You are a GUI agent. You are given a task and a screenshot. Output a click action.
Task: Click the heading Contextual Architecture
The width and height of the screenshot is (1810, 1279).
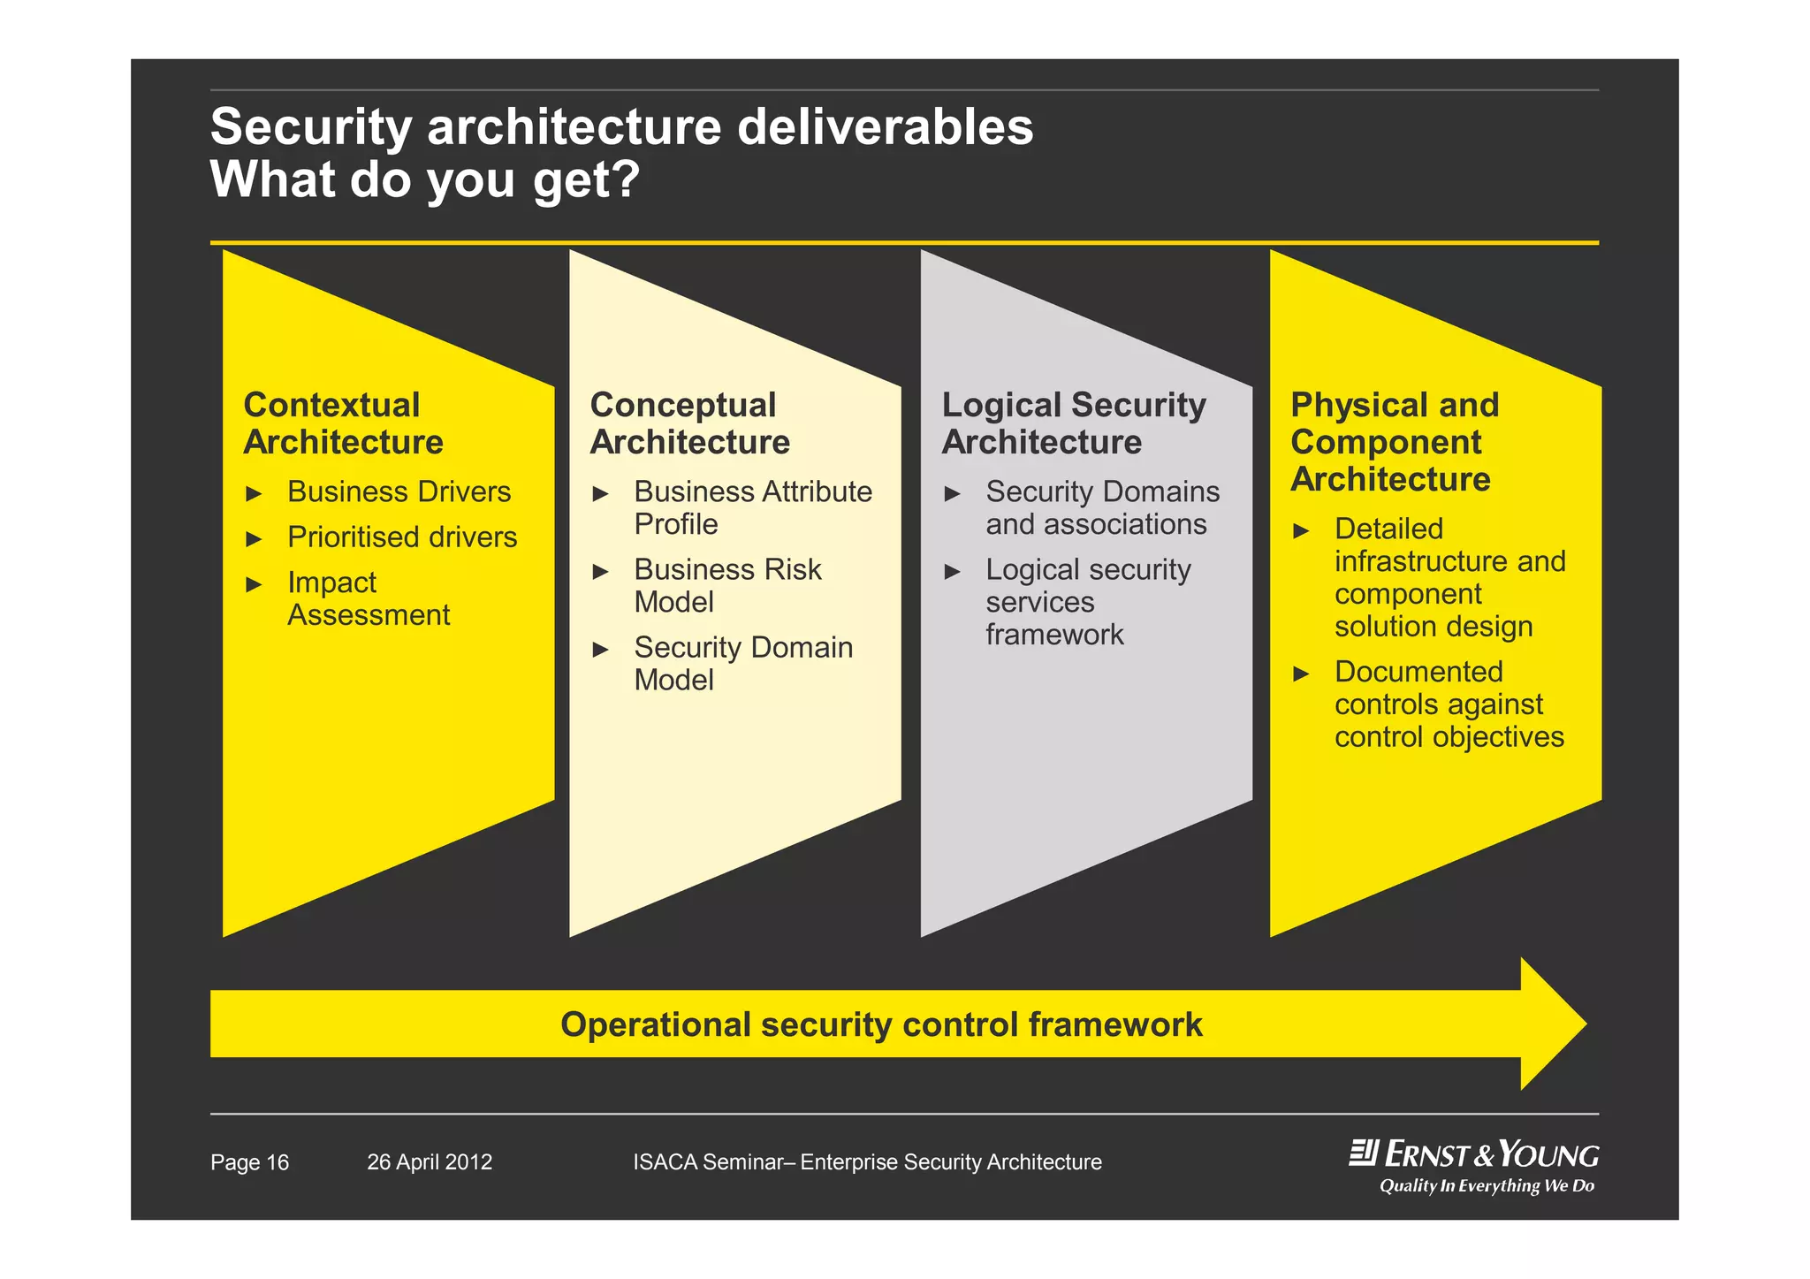tap(343, 423)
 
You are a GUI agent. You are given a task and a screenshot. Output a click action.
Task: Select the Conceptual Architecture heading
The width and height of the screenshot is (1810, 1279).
tap(689, 423)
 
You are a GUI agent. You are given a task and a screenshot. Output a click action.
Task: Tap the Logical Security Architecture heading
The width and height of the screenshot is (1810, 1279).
tap(1073, 423)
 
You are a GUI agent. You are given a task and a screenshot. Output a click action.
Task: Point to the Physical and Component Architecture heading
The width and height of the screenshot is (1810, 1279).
tap(1394, 442)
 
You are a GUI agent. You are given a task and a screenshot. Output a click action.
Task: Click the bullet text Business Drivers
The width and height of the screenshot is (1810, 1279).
tap(399, 491)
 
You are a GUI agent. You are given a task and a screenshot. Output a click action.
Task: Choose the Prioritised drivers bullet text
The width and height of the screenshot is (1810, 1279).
tap(402, 537)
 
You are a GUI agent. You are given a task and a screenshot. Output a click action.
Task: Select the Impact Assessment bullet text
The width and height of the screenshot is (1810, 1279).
tap(369, 598)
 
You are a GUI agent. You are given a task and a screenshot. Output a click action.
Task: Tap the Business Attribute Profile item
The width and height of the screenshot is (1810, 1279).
tap(752, 507)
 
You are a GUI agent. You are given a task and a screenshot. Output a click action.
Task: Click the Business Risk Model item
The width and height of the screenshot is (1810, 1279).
tap(727, 585)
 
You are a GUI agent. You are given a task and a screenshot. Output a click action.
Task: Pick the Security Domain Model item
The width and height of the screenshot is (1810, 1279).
tap(743, 663)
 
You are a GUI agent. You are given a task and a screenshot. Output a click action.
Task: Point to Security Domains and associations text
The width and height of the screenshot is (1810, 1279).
tap(1102, 507)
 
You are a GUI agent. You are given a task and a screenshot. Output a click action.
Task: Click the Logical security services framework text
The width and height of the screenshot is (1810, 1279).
tap(1088, 602)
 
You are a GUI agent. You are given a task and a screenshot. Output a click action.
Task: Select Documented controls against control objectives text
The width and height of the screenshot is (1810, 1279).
tap(1449, 704)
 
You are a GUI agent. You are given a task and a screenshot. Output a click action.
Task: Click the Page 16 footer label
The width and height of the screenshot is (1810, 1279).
tap(249, 1162)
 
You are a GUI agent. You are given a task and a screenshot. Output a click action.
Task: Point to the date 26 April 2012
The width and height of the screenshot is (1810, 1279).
tap(430, 1162)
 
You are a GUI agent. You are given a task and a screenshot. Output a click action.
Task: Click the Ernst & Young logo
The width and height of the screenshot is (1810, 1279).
tap(1473, 1154)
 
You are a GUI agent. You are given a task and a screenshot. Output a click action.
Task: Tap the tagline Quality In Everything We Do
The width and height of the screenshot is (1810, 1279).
tap(1487, 1186)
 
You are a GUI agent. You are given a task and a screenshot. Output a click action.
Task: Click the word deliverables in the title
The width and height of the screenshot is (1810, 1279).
tap(885, 126)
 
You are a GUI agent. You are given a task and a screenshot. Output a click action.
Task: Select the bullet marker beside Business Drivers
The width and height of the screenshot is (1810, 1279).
tap(254, 493)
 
